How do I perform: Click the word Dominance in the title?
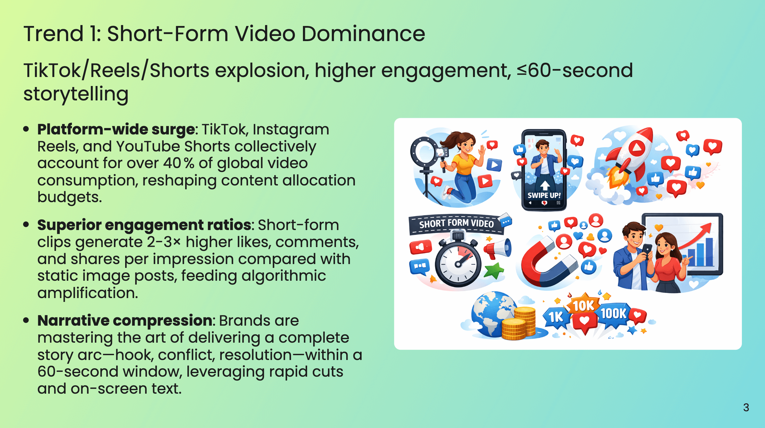point(363,34)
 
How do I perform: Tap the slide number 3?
point(746,407)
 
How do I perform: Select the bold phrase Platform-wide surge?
point(116,130)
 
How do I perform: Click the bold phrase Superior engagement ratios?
point(144,225)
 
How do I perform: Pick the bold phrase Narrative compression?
point(125,321)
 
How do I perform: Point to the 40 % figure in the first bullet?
point(178,163)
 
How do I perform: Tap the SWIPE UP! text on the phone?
point(544,195)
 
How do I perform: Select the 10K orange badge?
point(583,305)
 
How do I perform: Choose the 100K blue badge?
point(613,313)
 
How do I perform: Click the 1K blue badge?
point(556,317)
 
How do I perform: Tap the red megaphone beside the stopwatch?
point(498,249)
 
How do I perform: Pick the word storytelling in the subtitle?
point(76,94)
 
